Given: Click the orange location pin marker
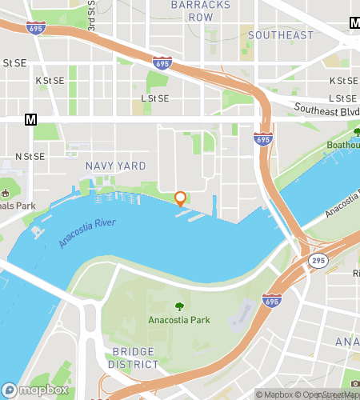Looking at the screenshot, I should coord(180,198).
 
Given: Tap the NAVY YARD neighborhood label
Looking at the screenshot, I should coord(116,166).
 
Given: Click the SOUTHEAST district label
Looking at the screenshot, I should coord(280,35).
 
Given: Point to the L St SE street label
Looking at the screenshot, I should coord(155,98).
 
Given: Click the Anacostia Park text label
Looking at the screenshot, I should coord(178,321).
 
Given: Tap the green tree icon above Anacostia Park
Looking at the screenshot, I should coord(178,306).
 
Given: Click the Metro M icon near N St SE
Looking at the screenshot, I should coord(31,120).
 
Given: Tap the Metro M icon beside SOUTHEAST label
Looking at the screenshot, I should coord(354,23).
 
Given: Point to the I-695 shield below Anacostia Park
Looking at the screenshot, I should coord(270,301).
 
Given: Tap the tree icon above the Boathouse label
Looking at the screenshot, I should coord(356,132).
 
